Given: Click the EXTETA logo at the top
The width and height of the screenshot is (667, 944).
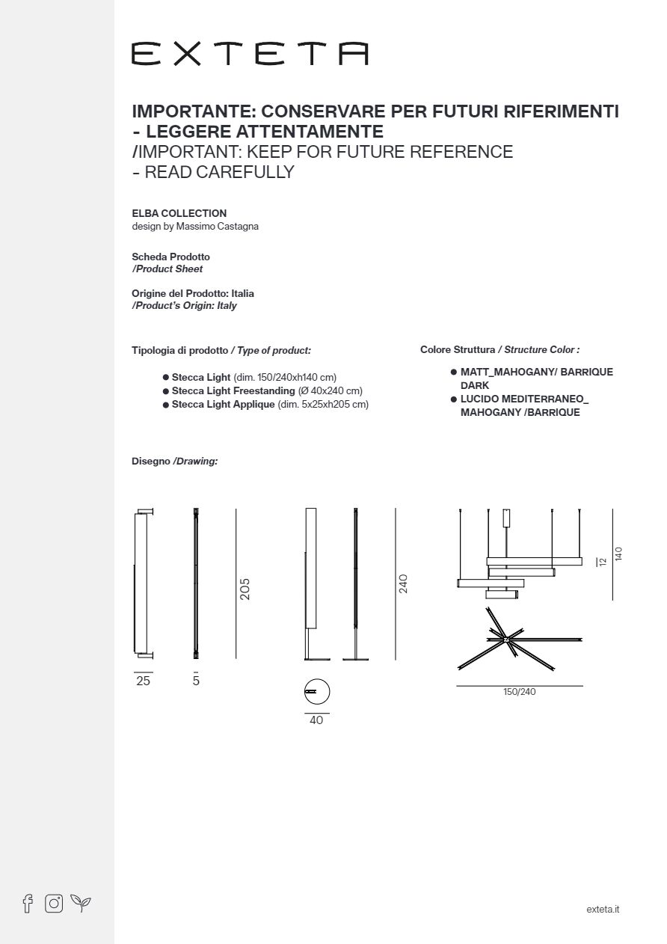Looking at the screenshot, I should [x=250, y=54].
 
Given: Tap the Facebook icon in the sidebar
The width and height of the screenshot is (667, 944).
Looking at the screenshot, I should [x=28, y=903].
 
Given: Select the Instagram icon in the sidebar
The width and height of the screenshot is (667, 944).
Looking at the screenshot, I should [x=54, y=903].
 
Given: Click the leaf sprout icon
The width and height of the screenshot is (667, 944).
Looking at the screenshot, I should [x=81, y=903].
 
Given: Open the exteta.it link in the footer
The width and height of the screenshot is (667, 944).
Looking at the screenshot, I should [x=603, y=909].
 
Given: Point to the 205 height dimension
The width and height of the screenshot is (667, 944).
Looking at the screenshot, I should [x=245, y=589].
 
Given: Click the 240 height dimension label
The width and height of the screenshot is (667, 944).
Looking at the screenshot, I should [x=403, y=583].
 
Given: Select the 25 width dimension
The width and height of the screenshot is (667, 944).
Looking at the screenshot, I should [x=143, y=681].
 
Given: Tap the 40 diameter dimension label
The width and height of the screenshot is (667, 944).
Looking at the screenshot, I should [x=316, y=720].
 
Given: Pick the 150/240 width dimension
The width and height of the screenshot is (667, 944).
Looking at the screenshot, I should [x=520, y=692].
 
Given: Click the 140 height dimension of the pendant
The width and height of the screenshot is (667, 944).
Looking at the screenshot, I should [x=618, y=554].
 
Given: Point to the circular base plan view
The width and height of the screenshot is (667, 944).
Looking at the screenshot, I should [x=317, y=691].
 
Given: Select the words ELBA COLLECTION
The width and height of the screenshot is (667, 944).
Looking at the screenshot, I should [x=179, y=213].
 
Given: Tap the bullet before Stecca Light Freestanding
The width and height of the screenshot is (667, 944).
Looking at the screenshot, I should [x=166, y=391].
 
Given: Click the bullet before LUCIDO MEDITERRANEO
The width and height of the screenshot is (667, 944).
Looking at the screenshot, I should [x=454, y=399].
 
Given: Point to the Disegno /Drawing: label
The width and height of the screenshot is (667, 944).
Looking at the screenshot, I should [x=174, y=461].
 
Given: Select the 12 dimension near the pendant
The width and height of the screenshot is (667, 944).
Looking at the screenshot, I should [x=602, y=561].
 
